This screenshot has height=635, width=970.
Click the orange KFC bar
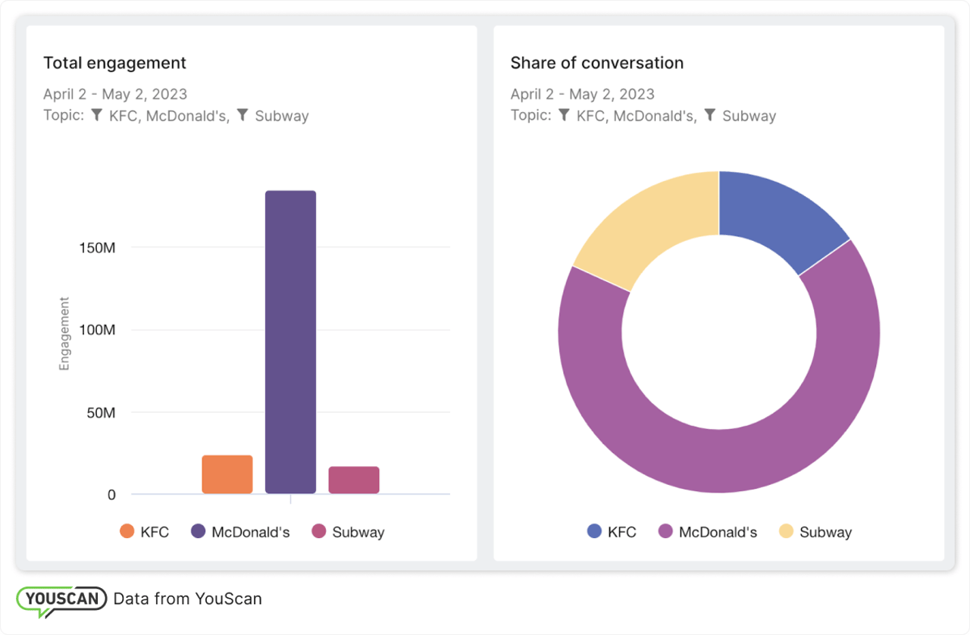[x=227, y=474]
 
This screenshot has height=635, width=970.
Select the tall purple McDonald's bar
[x=290, y=342]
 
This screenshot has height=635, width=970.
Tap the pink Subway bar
[x=354, y=480]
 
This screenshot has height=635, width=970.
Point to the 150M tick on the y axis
[x=97, y=248]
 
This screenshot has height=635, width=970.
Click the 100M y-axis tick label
[x=97, y=330]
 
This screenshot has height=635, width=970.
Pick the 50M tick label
[x=100, y=413]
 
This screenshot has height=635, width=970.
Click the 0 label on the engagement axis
[x=111, y=495]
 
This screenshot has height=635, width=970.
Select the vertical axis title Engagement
[x=64, y=333]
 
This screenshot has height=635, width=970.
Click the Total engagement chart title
[x=114, y=63]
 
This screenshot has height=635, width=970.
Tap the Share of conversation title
[x=596, y=63]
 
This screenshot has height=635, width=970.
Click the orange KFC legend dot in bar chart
[x=127, y=531]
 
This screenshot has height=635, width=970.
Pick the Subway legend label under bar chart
[x=358, y=532]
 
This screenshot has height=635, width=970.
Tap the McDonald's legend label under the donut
[x=718, y=532]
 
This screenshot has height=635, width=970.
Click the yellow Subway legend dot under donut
[x=786, y=531]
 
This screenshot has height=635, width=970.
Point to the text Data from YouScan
[x=187, y=599]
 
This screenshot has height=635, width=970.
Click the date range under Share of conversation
[x=582, y=95]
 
